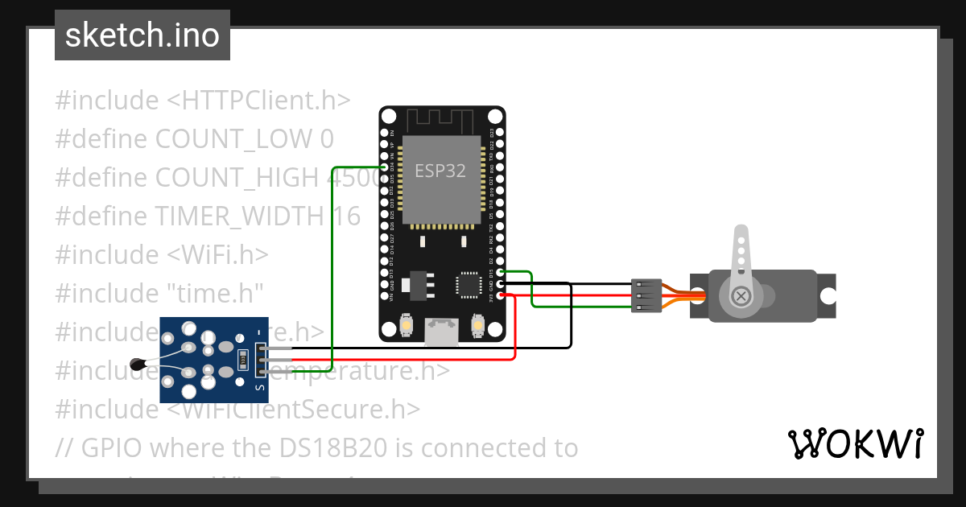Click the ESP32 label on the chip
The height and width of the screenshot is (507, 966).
[x=440, y=171]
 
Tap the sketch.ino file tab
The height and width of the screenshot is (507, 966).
[x=142, y=35]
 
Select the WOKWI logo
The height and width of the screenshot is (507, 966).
[x=854, y=443]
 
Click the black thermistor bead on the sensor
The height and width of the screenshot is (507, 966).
[x=138, y=365]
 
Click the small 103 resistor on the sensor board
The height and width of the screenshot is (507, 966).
[x=242, y=358]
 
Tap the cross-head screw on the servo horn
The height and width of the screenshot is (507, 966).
[x=742, y=296]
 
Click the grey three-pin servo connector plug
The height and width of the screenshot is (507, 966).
[x=646, y=295]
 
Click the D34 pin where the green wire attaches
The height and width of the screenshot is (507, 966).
[x=384, y=167]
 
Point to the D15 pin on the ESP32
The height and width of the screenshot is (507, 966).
[x=501, y=272]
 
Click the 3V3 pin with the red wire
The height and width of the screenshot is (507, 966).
[x=501, y=295]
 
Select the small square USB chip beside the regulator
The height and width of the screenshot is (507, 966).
[x=468, y=284]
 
